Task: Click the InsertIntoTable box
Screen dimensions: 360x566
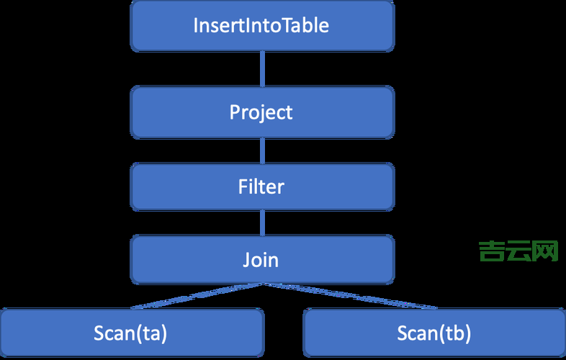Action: [261, 26]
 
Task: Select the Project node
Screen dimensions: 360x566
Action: [261, 112]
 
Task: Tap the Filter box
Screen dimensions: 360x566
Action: [261, 187]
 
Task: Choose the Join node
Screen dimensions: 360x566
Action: [261, 259]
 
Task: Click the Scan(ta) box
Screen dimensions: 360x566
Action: [132, 333]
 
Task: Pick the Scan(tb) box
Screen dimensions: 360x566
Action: [434, 333]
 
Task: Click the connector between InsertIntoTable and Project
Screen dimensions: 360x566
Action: [261, 68]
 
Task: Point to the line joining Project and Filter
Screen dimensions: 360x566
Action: [261, 150]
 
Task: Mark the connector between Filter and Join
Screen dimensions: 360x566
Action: [261, 223]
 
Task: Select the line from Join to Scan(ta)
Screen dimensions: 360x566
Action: [187, 296]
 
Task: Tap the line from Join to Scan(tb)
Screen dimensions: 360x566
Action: [346, 295]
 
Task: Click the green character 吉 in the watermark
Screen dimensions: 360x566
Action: [491, 251]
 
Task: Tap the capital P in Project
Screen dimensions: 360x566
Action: [235, 112]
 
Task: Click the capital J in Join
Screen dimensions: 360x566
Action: [246, 259]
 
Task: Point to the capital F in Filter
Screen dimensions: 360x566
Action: [243, 187]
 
